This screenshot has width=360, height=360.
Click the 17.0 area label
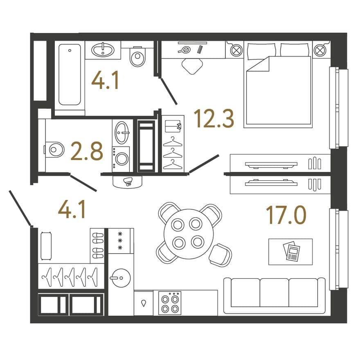[286, 215]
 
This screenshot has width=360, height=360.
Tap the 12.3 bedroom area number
[214, 119]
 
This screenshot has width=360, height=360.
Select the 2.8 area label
[87, 151]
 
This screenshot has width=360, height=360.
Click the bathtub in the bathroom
[70, 74]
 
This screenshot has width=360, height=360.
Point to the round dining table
[189, 234]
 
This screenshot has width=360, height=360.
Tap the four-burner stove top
[170, 303]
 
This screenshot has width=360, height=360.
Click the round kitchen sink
[121, 278]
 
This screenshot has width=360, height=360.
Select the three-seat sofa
[274, 296]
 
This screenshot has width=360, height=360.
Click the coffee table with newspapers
[290, 252]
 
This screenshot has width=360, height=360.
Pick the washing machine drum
[122, 159]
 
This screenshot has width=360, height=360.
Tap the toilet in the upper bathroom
[137, 56]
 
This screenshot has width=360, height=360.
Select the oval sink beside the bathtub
[103, 49]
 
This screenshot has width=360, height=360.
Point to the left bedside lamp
[236, 50]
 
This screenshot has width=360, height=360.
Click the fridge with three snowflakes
[121, 241]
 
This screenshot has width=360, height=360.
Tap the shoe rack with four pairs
[98, 246]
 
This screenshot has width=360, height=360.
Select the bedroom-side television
[271, 164]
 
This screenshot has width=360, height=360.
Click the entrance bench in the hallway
[46, 246]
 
